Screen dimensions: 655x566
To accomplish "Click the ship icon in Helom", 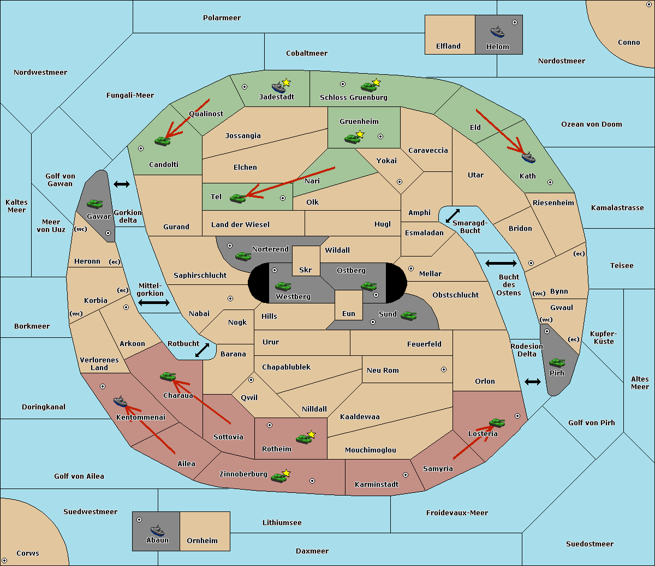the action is click(497, 32).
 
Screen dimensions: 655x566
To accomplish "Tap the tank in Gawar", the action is click(94, 204).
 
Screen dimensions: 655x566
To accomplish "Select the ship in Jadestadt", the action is click(278, 87).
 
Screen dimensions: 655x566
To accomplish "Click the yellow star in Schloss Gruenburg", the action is click(376, 82).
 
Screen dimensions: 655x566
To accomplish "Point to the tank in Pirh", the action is click(557, 362).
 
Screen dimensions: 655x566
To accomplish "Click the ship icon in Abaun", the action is click(157, 530).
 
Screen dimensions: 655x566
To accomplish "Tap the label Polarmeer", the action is click(222, 18).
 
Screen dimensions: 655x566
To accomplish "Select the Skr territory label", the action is click(305, 270).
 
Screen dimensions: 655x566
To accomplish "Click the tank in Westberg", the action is click(283, 286).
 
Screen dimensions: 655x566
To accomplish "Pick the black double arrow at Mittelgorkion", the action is click(154, 302).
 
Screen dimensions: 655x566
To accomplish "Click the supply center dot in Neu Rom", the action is click(444, 370).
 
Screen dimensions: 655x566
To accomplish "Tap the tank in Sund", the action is click(408, 315).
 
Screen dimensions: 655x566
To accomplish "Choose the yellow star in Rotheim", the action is click(311, 434).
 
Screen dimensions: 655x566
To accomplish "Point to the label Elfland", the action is click(448, 46).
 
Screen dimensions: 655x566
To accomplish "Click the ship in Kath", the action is click(528, 157).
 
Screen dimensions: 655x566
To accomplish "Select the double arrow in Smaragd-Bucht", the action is click(452, 216).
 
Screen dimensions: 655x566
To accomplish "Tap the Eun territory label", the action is click(349, 313).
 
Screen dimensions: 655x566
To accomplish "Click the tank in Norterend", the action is click(243, 256).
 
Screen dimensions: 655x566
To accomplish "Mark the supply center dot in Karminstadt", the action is click(406, 475).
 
